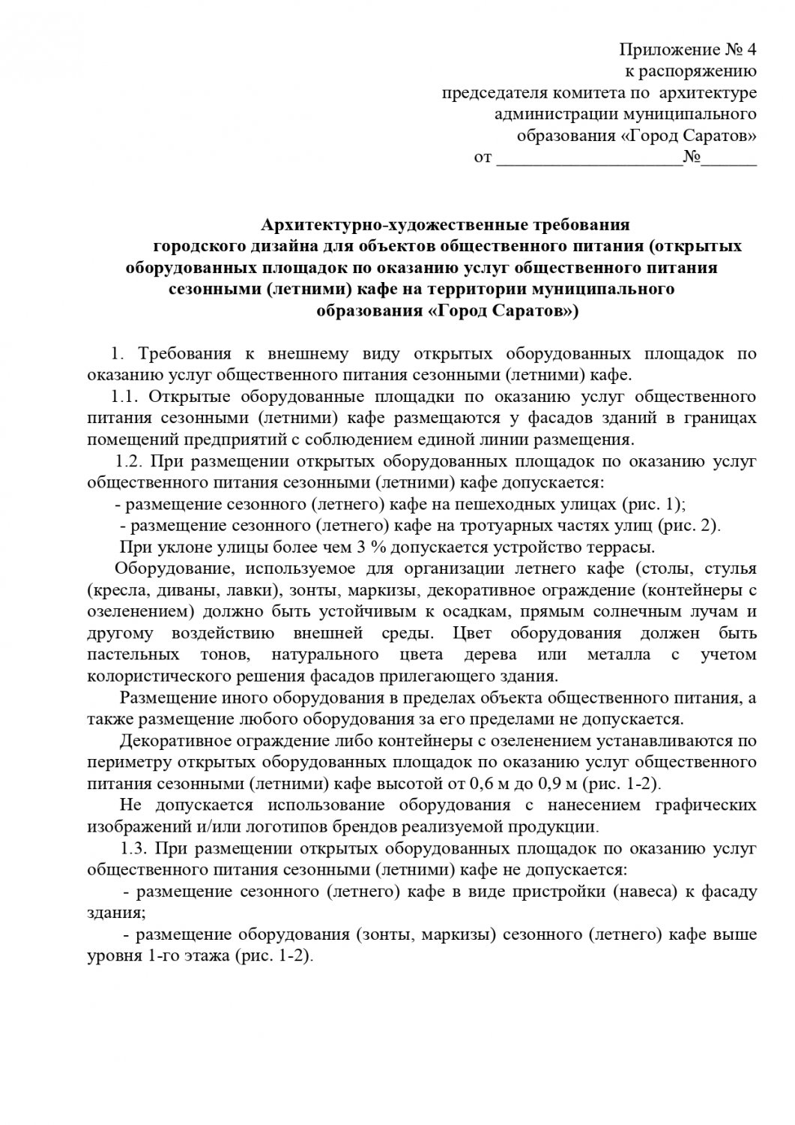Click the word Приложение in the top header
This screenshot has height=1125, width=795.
pyautogui.click(x=660, y=51)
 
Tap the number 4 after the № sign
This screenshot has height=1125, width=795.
pyautogui.click(x=752, y=51)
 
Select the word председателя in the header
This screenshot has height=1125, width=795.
pyautogui.click(x=491, y=94)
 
